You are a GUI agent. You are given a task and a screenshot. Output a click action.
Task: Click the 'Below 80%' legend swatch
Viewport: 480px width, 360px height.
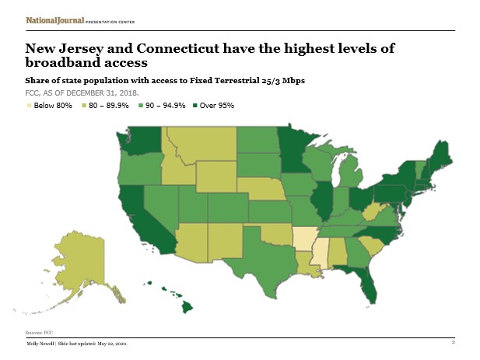(31, 105)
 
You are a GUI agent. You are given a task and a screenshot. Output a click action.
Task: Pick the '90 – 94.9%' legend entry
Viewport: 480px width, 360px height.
(165, 105)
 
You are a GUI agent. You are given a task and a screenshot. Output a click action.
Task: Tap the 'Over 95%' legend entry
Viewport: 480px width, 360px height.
(218, 105)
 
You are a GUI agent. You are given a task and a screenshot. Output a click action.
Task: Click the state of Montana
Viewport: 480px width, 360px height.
(200, 145)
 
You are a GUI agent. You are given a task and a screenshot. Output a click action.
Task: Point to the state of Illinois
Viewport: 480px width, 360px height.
(321, 201)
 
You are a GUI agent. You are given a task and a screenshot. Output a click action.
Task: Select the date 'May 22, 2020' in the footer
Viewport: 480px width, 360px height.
(109, 343)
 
